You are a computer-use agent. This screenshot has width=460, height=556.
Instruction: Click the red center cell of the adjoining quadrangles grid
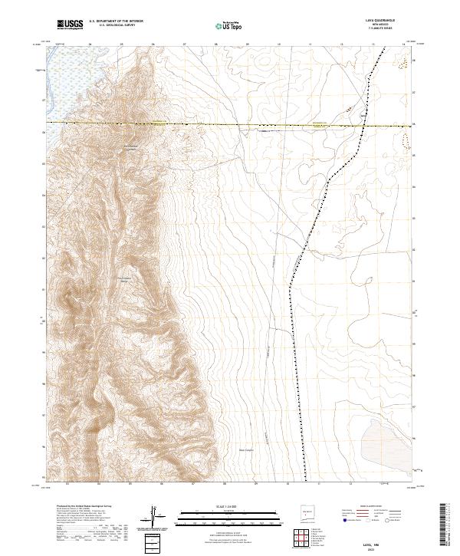[306, 540]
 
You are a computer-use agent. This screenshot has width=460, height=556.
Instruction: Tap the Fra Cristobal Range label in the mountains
[126, 279]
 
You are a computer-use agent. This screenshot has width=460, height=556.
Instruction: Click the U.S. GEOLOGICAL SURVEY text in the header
[116, 27]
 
